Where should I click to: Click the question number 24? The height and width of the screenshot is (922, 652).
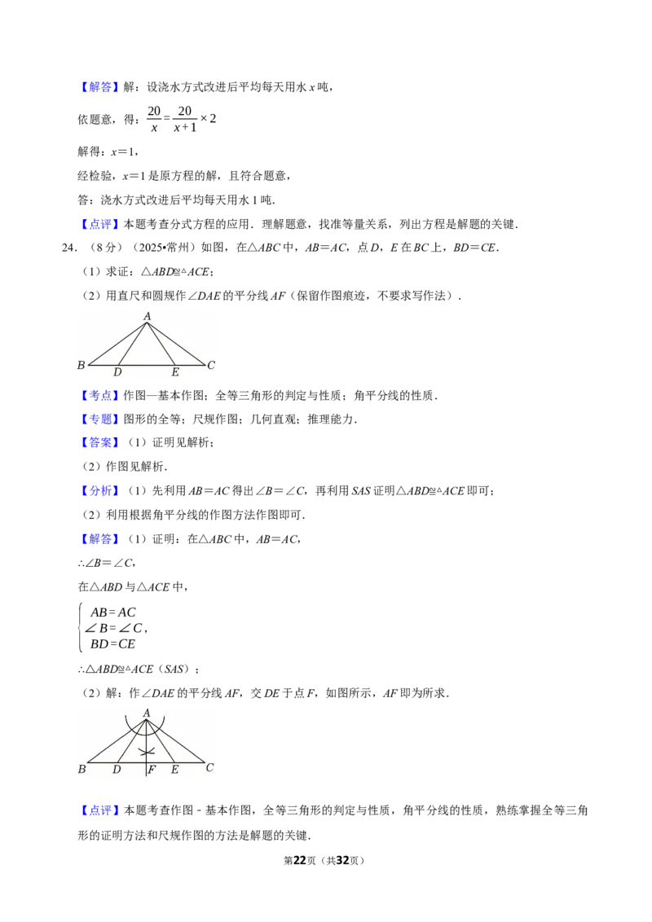point(68,248)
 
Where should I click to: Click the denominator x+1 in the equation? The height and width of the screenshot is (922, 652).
point(185,127)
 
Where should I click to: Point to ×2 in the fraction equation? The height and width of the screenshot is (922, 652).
point(209,118)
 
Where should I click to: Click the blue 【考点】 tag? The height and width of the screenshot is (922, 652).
point(99,395)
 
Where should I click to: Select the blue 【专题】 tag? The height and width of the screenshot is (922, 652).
point(99,419)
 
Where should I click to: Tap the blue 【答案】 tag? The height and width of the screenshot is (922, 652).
point(99,442)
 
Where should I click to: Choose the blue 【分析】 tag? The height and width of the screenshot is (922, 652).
point(99,490)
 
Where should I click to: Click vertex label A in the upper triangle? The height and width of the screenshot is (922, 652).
point(148,316)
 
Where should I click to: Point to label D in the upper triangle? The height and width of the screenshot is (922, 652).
point(117,371)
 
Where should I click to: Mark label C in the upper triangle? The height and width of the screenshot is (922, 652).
point(211,365)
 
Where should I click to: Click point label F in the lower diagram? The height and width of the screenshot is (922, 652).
point(152,769)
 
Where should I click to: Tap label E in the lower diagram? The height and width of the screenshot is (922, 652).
point(174,769)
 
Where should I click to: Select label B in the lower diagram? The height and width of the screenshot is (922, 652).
point(81,769)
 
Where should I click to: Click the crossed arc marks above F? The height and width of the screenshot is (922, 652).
point(147,751)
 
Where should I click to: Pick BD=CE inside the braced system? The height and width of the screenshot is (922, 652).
point(113,644)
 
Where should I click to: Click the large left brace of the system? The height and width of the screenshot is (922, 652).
point(81,627)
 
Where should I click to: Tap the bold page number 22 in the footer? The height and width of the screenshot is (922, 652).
point(300,860)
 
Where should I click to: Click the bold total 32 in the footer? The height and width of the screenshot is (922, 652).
point(342,860)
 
